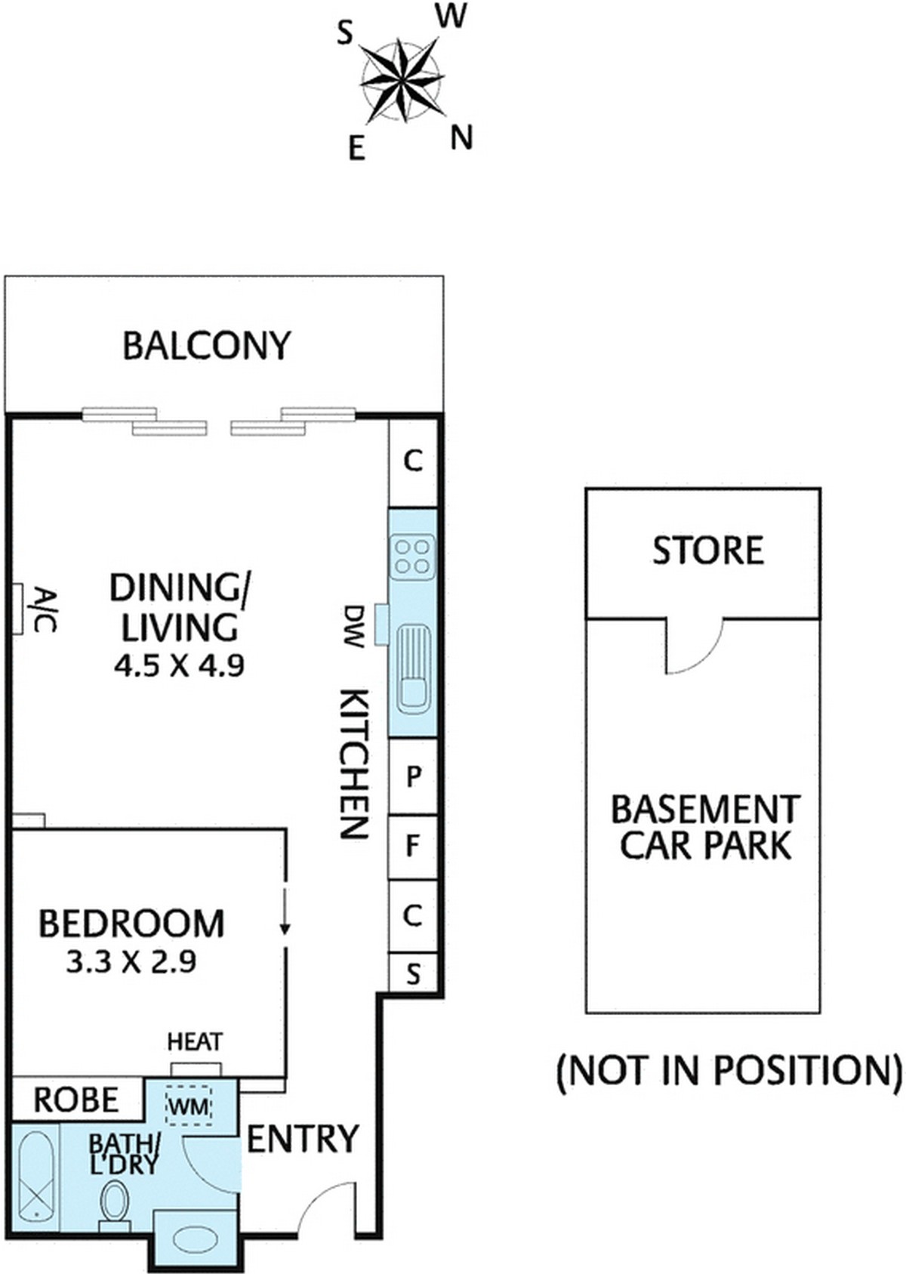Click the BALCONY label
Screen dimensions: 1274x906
[x=206, y=346]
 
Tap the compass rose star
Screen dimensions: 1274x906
[x=402, y=80]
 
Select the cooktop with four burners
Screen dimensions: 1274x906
[x=412, y=556]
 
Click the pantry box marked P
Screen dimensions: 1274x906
[x=413, y=776]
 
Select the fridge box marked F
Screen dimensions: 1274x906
[x=412, y=847]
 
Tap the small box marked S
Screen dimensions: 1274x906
[x=413, y=973]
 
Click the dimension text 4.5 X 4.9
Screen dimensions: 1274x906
[x=180, y=665]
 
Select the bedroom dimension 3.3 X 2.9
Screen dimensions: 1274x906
[x=131, y=962]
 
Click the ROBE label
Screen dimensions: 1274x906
[x=76, y=1100]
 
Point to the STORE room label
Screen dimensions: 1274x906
[x=707, y=551]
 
